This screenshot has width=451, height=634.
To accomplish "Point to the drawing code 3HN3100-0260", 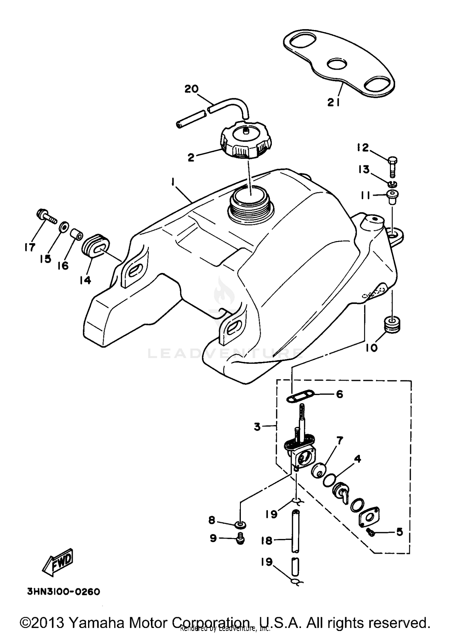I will (63, 592).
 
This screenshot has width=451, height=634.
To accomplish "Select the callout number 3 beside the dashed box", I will (257, 427).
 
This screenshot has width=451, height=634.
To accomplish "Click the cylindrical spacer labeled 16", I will (76, 234).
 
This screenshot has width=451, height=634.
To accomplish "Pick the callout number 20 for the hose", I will (192, 89).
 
